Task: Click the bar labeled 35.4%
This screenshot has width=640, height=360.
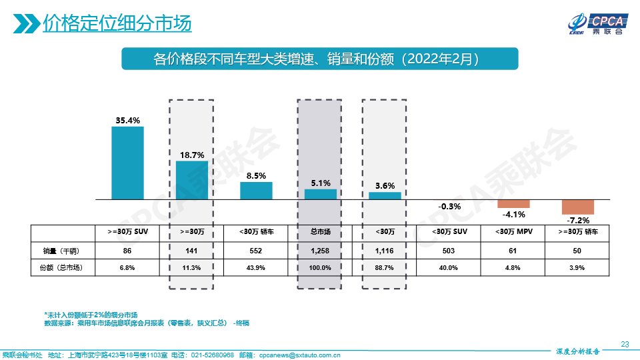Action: tap(127, 163)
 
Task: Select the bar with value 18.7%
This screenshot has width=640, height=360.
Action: tap(192, 180)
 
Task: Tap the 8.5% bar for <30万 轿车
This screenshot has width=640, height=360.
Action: tap(257, 191)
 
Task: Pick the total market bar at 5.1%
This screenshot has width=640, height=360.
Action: tap(321, 194)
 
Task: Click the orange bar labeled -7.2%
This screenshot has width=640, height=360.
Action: tap(577, 207)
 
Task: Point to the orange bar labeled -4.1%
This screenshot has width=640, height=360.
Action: tap(513, 203)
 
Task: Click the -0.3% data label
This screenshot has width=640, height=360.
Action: tap(449, 207)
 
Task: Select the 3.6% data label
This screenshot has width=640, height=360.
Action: tap(385, 186)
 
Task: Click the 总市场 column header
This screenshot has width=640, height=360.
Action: tap(321, 232)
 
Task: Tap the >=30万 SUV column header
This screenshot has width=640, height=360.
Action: tap(127, 232)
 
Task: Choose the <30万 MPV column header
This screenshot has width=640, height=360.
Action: tap(513, 232)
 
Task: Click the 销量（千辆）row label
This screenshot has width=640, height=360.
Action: tap(56, 251)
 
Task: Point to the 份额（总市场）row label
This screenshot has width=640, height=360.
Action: tap(56, 268)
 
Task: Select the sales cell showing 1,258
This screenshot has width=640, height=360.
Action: tap(321, 251)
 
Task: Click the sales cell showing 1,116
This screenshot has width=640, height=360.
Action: tap(385, 251)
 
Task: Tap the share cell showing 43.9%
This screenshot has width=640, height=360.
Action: tap(257, 268)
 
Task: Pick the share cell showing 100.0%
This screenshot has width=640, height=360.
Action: tap(321, 268)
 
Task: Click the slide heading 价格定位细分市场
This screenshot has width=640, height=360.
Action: tap(117, 23)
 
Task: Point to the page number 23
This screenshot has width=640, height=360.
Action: tap(625, 344)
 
